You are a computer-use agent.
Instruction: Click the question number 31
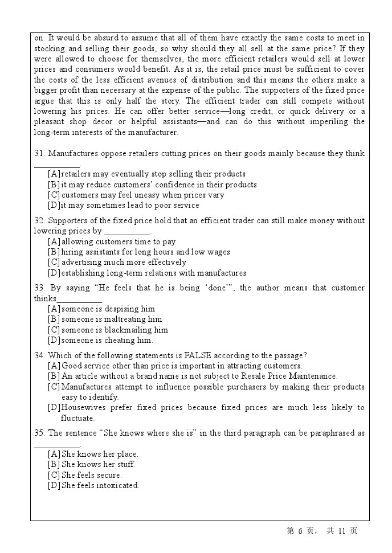39,154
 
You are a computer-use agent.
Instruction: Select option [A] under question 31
54,174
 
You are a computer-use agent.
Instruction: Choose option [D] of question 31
54,206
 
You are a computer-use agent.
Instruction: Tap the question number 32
39,221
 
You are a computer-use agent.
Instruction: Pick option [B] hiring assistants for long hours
54,252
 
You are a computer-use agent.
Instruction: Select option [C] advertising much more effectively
54,263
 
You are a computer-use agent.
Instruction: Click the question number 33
39,288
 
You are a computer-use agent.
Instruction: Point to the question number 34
39,356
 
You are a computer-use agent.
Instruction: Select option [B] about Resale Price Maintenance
54,376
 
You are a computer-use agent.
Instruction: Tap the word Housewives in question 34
83,408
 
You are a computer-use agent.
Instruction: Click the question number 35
39,433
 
